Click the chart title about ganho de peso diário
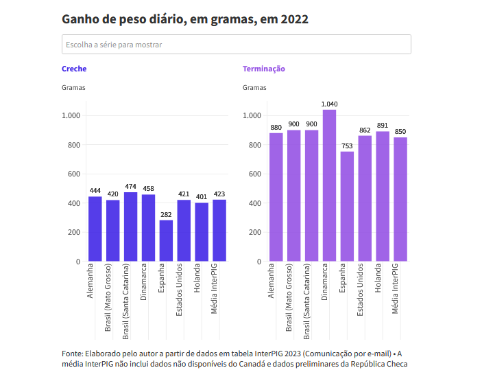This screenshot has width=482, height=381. (x=185, y=19)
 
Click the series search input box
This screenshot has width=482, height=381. (x=236, y=45)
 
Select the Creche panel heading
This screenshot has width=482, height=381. (x=74, y=69)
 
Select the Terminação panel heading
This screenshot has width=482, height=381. (x=264, y=69)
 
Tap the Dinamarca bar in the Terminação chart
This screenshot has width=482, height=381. (x=329, y=185)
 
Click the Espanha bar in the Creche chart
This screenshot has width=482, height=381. (x=166, y=240)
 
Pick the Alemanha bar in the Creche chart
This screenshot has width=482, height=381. (x=95, y=229)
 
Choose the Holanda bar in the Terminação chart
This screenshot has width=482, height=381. (x=383, y=196)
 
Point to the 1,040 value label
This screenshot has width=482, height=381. (x=329, y=104)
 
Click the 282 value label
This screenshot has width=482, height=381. (x=166, y=215)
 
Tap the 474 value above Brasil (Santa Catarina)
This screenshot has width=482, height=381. (x=130, y=187)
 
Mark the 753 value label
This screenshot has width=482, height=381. (x=347, y=146)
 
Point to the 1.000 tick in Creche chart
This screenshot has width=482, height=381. (x=71, y=116)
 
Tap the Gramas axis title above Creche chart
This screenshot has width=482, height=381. (x=73, y=88)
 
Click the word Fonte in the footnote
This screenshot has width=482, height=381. (x=72, y=354)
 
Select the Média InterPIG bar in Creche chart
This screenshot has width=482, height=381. (x=219, y=230)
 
